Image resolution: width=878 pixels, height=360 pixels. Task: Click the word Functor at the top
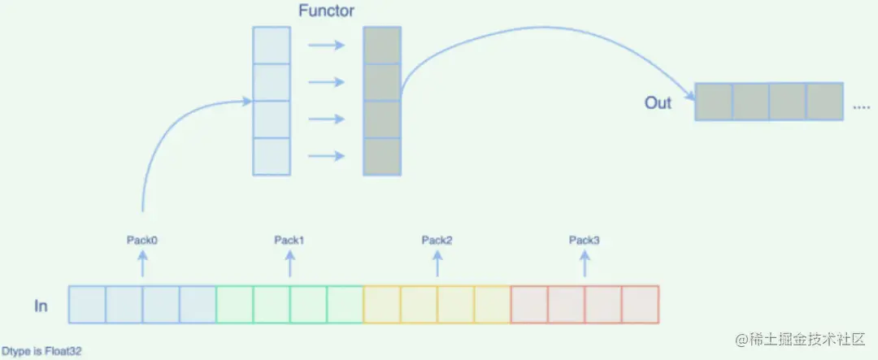coord(325,12)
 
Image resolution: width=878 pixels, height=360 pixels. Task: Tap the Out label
coord(658,103)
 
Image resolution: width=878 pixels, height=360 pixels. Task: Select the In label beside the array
coord(41,306)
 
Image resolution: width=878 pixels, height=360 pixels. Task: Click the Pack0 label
coord(142,240)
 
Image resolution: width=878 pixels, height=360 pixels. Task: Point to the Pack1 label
coord(289,240)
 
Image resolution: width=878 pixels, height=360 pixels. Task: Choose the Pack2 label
coord(437,240)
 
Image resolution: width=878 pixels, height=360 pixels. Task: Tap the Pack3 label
coord(585,240)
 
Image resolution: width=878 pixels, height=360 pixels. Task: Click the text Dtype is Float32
coord(41,352)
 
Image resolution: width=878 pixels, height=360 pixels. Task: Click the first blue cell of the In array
coord(87,305)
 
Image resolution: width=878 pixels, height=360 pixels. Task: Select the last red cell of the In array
coord(640,305)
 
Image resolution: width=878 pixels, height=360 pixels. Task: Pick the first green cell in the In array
coord(234,305)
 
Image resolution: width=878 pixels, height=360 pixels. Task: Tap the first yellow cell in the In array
coord(381,305)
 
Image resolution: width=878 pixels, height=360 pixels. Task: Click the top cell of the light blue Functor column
coord(272,46)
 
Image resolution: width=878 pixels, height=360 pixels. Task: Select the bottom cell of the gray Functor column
coord(382,156)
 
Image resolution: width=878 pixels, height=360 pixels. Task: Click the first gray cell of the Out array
coord(714,102)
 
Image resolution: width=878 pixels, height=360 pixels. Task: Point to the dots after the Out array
coord(861,106)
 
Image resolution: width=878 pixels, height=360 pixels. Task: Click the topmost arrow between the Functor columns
coord(326,46)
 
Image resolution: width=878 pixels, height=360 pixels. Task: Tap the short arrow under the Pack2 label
coord(437,263)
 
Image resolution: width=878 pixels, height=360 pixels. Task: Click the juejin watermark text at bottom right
coord(802,338)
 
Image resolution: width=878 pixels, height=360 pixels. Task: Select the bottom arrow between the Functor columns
coord(326,156)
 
